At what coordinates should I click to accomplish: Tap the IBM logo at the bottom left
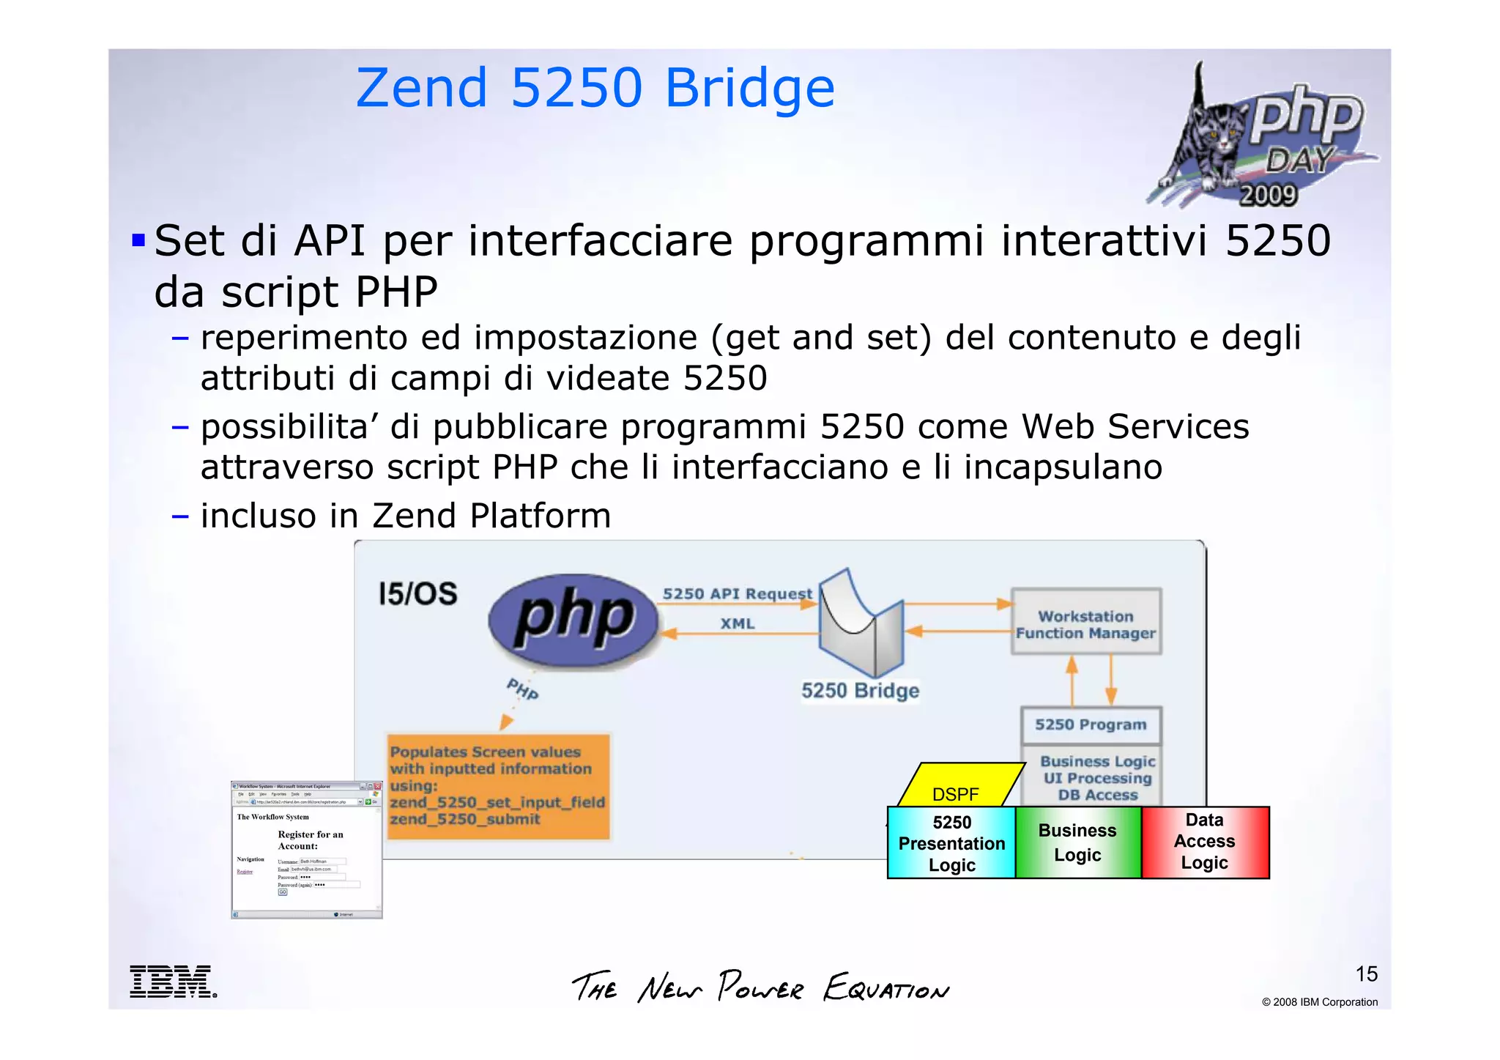pyautogui.click(x=173, y=982)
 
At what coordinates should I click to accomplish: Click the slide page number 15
pyautogui.click(x=1366, y=974)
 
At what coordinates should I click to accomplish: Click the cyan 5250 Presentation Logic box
pyautogui.click(x=951, y=843)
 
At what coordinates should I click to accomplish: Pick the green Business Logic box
pyautogui.click(x=1077, y=842)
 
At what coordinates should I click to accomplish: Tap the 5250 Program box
pyautogui.click(x=1091, y=724)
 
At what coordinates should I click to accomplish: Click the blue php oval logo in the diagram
pyautogui.click(x=574, y=620)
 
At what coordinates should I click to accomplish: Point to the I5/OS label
pyautogui.click(x=417, y=593)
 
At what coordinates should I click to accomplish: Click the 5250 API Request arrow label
pyautogui.click(x=736, y=593)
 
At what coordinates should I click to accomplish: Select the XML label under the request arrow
pyautogui.click(x=737, y=623)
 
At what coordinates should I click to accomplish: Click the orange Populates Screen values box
pyautogui.click(x=498, y=786)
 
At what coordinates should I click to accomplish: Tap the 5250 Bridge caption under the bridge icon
pyautogui.click(x=860, y=691)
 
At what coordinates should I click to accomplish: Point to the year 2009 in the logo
pyautogui.click(x=1268, y=195)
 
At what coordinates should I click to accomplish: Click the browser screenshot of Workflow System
pyautogui.click(x=306, y=850)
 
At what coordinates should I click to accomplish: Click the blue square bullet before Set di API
pyautogui.click(x=138, y=240)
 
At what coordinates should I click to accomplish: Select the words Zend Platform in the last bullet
pyautogui.click(x=491, y=516)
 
